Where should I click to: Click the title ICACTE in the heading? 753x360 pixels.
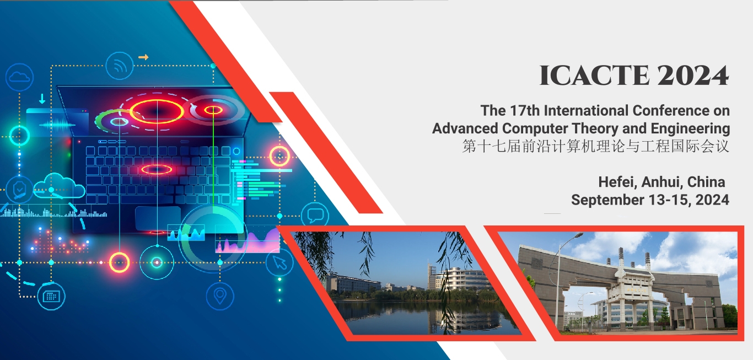point(594,75)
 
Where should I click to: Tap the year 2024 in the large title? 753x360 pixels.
point(693,75)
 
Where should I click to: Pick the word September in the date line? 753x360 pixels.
point(607,200)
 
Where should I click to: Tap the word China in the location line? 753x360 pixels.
point(706,182)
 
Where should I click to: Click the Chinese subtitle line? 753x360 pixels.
point(595,147)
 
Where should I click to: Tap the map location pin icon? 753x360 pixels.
point(220,297)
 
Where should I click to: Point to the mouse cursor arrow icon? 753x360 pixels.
point(279,262)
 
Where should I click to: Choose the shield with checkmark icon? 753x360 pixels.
point(19,190)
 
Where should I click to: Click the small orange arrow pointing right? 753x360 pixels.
point(143,57)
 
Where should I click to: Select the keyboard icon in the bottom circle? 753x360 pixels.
point(51,297)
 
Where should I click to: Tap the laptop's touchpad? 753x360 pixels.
point(157,218)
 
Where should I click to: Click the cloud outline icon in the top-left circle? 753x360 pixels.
point(20,78)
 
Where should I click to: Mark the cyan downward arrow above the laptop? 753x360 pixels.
point(42,99)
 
